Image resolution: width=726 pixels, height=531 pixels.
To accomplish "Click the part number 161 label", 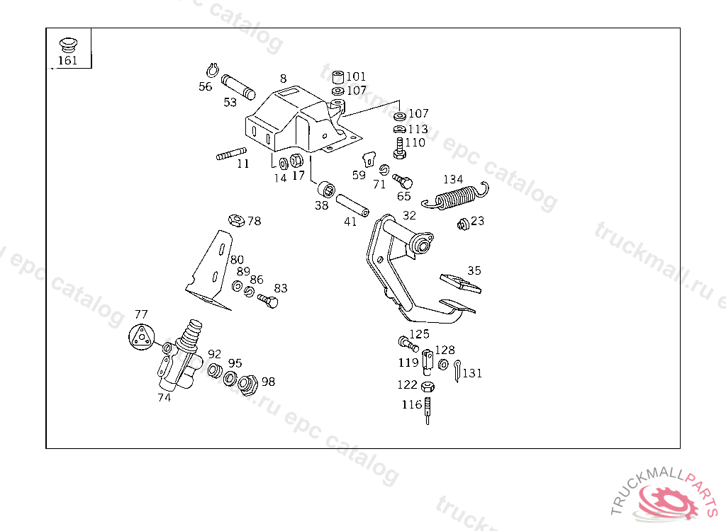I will [67, 60].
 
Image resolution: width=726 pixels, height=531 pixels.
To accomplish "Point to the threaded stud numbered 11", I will [231, 154].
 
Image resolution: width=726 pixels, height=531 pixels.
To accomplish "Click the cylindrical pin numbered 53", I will [238, 86].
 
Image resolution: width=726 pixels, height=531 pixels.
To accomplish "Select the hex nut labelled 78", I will [237, 220].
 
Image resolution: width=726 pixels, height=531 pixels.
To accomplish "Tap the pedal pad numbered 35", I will [461, 282].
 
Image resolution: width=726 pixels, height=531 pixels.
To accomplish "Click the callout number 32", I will [409, 215].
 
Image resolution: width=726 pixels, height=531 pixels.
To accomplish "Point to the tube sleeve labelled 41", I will [352, 206].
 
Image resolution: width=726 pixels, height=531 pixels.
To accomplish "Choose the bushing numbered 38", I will [326, 190].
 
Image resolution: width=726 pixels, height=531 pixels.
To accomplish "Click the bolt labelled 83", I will [268, 302].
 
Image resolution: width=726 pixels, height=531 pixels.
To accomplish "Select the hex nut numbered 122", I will [427, 387].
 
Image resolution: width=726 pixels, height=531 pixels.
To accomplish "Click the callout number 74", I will [164, 398].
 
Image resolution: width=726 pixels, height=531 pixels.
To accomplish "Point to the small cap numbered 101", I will [338, 76].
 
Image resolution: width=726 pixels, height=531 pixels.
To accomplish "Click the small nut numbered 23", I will [464, 224].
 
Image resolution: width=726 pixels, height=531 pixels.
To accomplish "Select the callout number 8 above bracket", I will [283, 79].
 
